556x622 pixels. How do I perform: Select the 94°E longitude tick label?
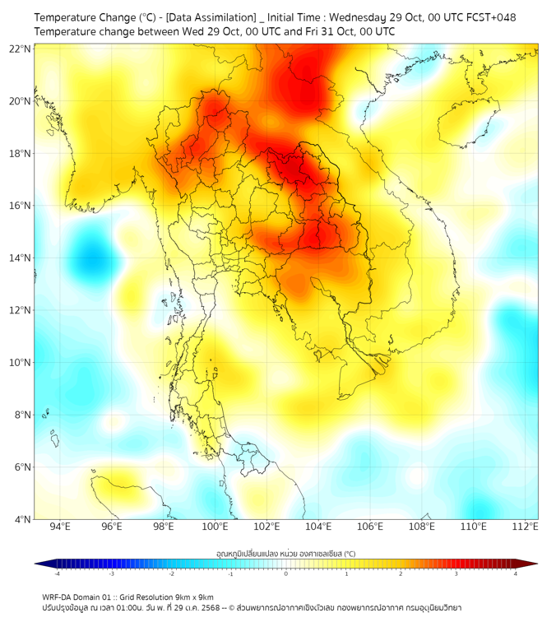pos(60,527)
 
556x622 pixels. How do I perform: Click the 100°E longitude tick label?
pos(215,527)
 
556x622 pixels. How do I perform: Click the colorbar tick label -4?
pos(57,573)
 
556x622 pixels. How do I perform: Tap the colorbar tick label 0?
pos(286,573)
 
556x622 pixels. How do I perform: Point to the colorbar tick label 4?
pos(516,573)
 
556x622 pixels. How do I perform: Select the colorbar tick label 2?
pos(401,573)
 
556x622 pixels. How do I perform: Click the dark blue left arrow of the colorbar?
pos(39,564)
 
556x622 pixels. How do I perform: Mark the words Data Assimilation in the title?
pos(211,17)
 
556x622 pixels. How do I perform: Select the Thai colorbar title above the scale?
pos(285,554)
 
